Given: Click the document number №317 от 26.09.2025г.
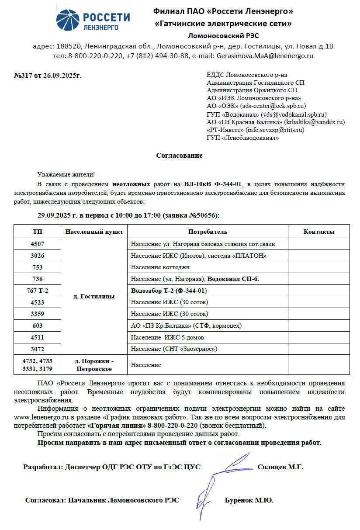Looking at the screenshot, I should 48,75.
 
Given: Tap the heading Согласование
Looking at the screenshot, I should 179,156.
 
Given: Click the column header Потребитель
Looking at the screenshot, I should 208,232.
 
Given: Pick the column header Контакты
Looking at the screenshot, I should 318,232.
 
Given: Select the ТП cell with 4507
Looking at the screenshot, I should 38,244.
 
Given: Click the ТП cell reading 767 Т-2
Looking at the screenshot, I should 38,291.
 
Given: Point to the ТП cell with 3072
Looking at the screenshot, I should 38,349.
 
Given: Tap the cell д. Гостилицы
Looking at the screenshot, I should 94,296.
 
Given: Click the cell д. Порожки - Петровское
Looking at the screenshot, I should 94,365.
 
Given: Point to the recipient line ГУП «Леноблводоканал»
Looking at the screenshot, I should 242,138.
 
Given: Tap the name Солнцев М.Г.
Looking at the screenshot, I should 280,467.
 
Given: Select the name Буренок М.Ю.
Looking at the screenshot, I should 249,501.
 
